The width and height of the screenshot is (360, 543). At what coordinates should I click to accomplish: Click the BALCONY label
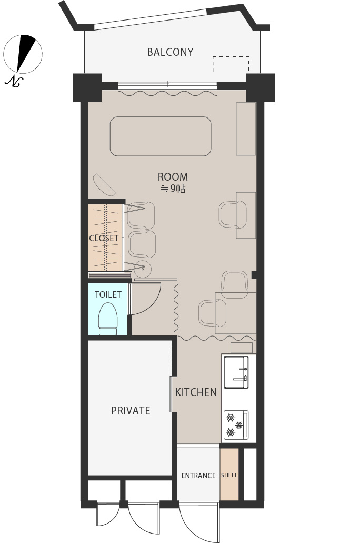170,52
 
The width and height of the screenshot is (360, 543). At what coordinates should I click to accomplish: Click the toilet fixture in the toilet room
108,319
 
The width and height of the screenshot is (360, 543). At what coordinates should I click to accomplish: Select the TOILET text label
108,294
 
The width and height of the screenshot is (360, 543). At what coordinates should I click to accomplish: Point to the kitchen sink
236,372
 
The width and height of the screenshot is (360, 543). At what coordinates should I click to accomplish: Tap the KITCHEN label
196,392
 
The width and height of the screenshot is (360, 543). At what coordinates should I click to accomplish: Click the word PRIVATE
131,411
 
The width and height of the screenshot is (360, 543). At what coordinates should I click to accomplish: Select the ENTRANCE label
198,476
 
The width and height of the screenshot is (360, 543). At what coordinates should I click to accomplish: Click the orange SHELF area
229,474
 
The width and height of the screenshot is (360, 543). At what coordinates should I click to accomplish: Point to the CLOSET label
104,238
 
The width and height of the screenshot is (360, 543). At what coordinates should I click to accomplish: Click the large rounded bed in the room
161,136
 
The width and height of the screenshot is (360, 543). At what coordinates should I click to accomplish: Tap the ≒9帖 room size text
173,189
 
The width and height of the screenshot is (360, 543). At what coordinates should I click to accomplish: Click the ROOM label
173,177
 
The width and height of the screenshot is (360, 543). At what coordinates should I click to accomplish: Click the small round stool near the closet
143,268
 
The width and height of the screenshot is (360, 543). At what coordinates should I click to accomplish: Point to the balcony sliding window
167,84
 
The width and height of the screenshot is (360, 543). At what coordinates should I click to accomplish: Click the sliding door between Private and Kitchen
171,394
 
